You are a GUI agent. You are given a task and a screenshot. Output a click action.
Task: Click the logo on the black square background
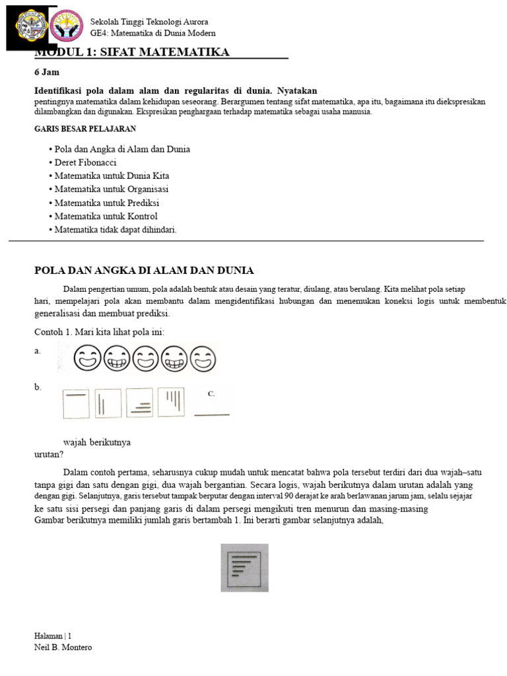tap(32, 26)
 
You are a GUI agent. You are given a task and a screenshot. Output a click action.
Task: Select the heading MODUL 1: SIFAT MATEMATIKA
tap(132, 52)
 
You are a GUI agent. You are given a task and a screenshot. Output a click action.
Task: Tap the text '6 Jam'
tap(47, 73)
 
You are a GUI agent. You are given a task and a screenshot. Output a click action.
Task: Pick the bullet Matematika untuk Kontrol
tap(103, 216)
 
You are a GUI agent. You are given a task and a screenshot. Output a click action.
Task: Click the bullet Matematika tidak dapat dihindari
tap(113, 230)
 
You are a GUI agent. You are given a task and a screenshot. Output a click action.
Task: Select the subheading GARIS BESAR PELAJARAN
tap(85, 129)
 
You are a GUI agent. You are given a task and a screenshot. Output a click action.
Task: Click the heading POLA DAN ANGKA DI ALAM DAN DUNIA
tap(144, 271)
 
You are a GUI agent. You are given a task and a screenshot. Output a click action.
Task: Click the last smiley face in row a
tap(202, 359)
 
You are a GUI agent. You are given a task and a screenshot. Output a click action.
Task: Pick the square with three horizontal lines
tap(139, 403)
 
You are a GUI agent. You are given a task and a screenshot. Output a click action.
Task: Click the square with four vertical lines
tap(172, 403)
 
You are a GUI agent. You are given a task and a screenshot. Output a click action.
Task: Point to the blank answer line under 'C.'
tap(212, 415)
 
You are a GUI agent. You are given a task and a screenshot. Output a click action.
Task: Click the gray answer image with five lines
tap(244, 567)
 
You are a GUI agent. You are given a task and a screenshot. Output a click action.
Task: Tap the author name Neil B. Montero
tap(63, 648)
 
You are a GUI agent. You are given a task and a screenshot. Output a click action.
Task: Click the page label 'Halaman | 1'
tap(53, 636)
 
